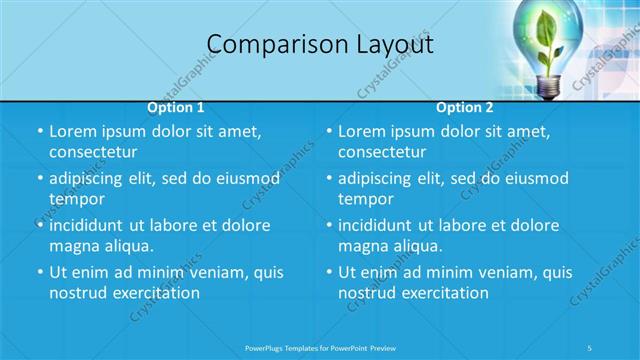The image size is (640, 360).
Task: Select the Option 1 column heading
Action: [x=176, y=107]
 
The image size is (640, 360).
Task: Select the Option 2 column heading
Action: [x=465, y=107]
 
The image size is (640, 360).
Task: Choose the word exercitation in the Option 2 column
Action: [x=442, y=293]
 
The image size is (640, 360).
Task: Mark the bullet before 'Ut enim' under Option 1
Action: [x=38, y=272]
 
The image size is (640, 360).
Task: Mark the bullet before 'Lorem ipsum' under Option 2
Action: [x=328, y=131]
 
